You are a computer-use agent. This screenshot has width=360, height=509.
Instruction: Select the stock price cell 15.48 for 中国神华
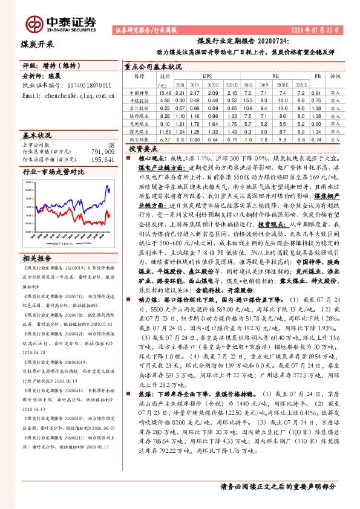165,93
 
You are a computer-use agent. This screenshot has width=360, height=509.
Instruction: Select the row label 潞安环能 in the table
140,138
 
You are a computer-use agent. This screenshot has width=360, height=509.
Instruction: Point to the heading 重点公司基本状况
152,66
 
